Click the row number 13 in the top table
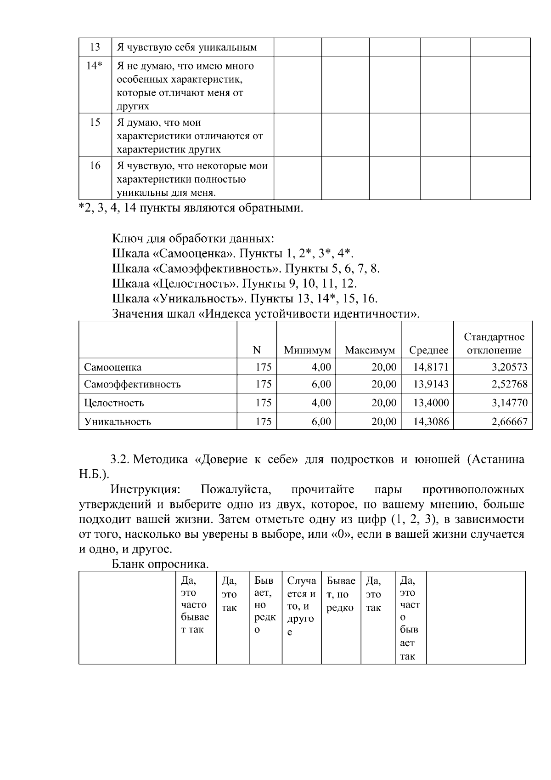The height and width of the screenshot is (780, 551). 95,47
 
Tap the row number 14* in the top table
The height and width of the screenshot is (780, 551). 95,66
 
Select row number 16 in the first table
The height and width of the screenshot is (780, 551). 95,166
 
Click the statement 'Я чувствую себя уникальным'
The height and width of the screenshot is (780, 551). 186,47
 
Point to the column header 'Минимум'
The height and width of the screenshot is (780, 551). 307,351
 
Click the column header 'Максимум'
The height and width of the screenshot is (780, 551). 370,351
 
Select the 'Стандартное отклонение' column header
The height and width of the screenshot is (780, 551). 494,344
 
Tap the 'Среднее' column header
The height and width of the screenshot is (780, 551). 428,351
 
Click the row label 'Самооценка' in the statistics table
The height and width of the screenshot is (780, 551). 112,367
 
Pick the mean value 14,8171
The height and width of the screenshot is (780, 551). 431,367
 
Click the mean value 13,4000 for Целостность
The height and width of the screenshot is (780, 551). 431,403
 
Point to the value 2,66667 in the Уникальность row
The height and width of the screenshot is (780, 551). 509,421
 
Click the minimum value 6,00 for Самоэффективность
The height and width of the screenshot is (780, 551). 321,384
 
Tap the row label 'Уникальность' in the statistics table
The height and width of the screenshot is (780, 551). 117,421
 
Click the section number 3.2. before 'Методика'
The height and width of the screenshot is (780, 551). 121,460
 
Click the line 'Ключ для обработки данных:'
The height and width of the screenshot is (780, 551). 193,239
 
